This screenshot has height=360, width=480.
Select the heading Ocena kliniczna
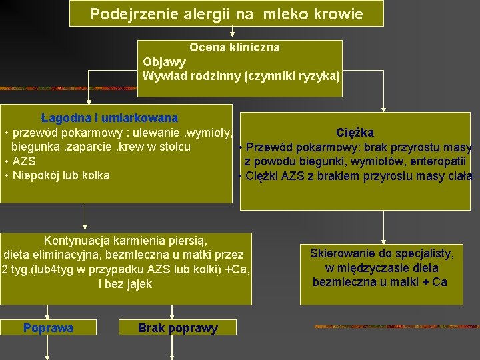click(235, 48)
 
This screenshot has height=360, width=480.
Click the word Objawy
click(164, 62)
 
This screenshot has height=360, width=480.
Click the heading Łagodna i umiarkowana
click(109, 118)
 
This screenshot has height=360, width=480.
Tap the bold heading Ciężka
click(355, 133)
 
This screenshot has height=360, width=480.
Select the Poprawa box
click(48, 327)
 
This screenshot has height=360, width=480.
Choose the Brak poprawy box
click(177, 328)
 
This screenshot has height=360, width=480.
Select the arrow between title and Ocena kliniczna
click(233, 32)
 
